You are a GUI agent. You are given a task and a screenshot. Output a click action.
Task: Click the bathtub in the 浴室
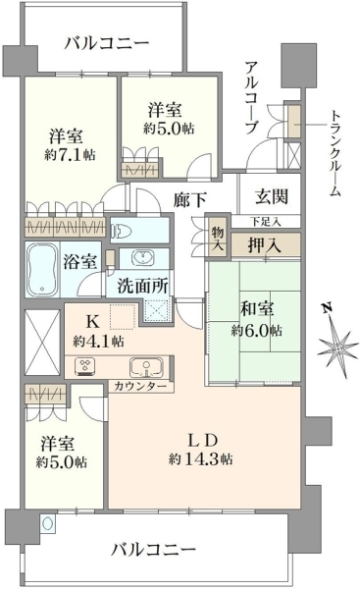42,269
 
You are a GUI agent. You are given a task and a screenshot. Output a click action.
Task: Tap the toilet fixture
121,231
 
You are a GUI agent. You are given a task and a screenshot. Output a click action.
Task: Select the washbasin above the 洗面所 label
143,258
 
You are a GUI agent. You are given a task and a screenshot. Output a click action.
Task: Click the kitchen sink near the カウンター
146,367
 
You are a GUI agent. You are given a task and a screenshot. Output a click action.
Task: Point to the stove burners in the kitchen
85,367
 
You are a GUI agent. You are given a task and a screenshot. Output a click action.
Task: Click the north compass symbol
336,343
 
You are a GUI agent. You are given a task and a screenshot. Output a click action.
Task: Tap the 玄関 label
272,196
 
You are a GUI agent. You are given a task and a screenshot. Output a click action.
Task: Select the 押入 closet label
264,245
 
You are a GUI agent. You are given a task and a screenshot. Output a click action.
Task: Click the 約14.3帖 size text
201,459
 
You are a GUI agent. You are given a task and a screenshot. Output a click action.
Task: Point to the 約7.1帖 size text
70,154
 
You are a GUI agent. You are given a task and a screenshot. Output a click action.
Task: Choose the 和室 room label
257,308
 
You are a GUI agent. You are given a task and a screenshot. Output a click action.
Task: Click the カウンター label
139,386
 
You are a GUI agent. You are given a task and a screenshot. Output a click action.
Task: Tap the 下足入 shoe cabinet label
266,221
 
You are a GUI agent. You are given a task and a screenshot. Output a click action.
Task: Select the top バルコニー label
107,43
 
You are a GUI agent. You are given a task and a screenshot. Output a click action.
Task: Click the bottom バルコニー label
154,551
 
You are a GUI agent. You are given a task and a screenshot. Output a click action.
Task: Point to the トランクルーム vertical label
334,154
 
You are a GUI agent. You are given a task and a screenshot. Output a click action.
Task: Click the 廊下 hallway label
189,200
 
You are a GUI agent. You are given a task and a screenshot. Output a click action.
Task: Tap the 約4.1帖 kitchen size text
98,341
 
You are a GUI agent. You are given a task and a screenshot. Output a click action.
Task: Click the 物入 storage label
218,239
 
